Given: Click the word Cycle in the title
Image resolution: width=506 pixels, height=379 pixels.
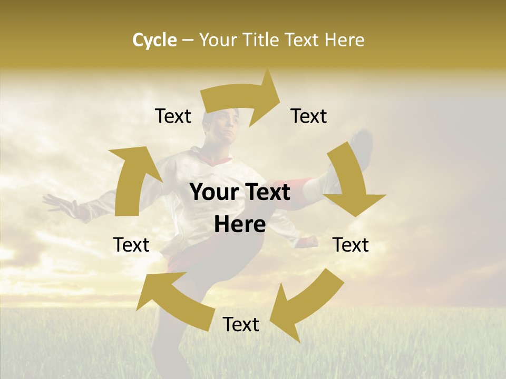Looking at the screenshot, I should (x=154, y=40).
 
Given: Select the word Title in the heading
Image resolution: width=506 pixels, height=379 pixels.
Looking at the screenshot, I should (x=262, y=40).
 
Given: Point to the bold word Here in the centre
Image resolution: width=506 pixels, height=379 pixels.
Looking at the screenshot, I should (x=240, y=224).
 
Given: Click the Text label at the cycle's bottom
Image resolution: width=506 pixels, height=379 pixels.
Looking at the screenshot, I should (x=241, y=324).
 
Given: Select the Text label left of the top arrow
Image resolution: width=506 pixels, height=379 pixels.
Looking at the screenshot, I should (x=173, y=116).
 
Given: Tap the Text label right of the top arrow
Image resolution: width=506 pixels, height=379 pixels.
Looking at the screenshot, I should (x=309, y=116).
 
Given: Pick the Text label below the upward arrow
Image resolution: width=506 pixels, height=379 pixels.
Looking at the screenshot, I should (x=131, y=245).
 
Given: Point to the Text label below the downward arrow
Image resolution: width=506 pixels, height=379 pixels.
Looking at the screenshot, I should (x=351, y=245).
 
